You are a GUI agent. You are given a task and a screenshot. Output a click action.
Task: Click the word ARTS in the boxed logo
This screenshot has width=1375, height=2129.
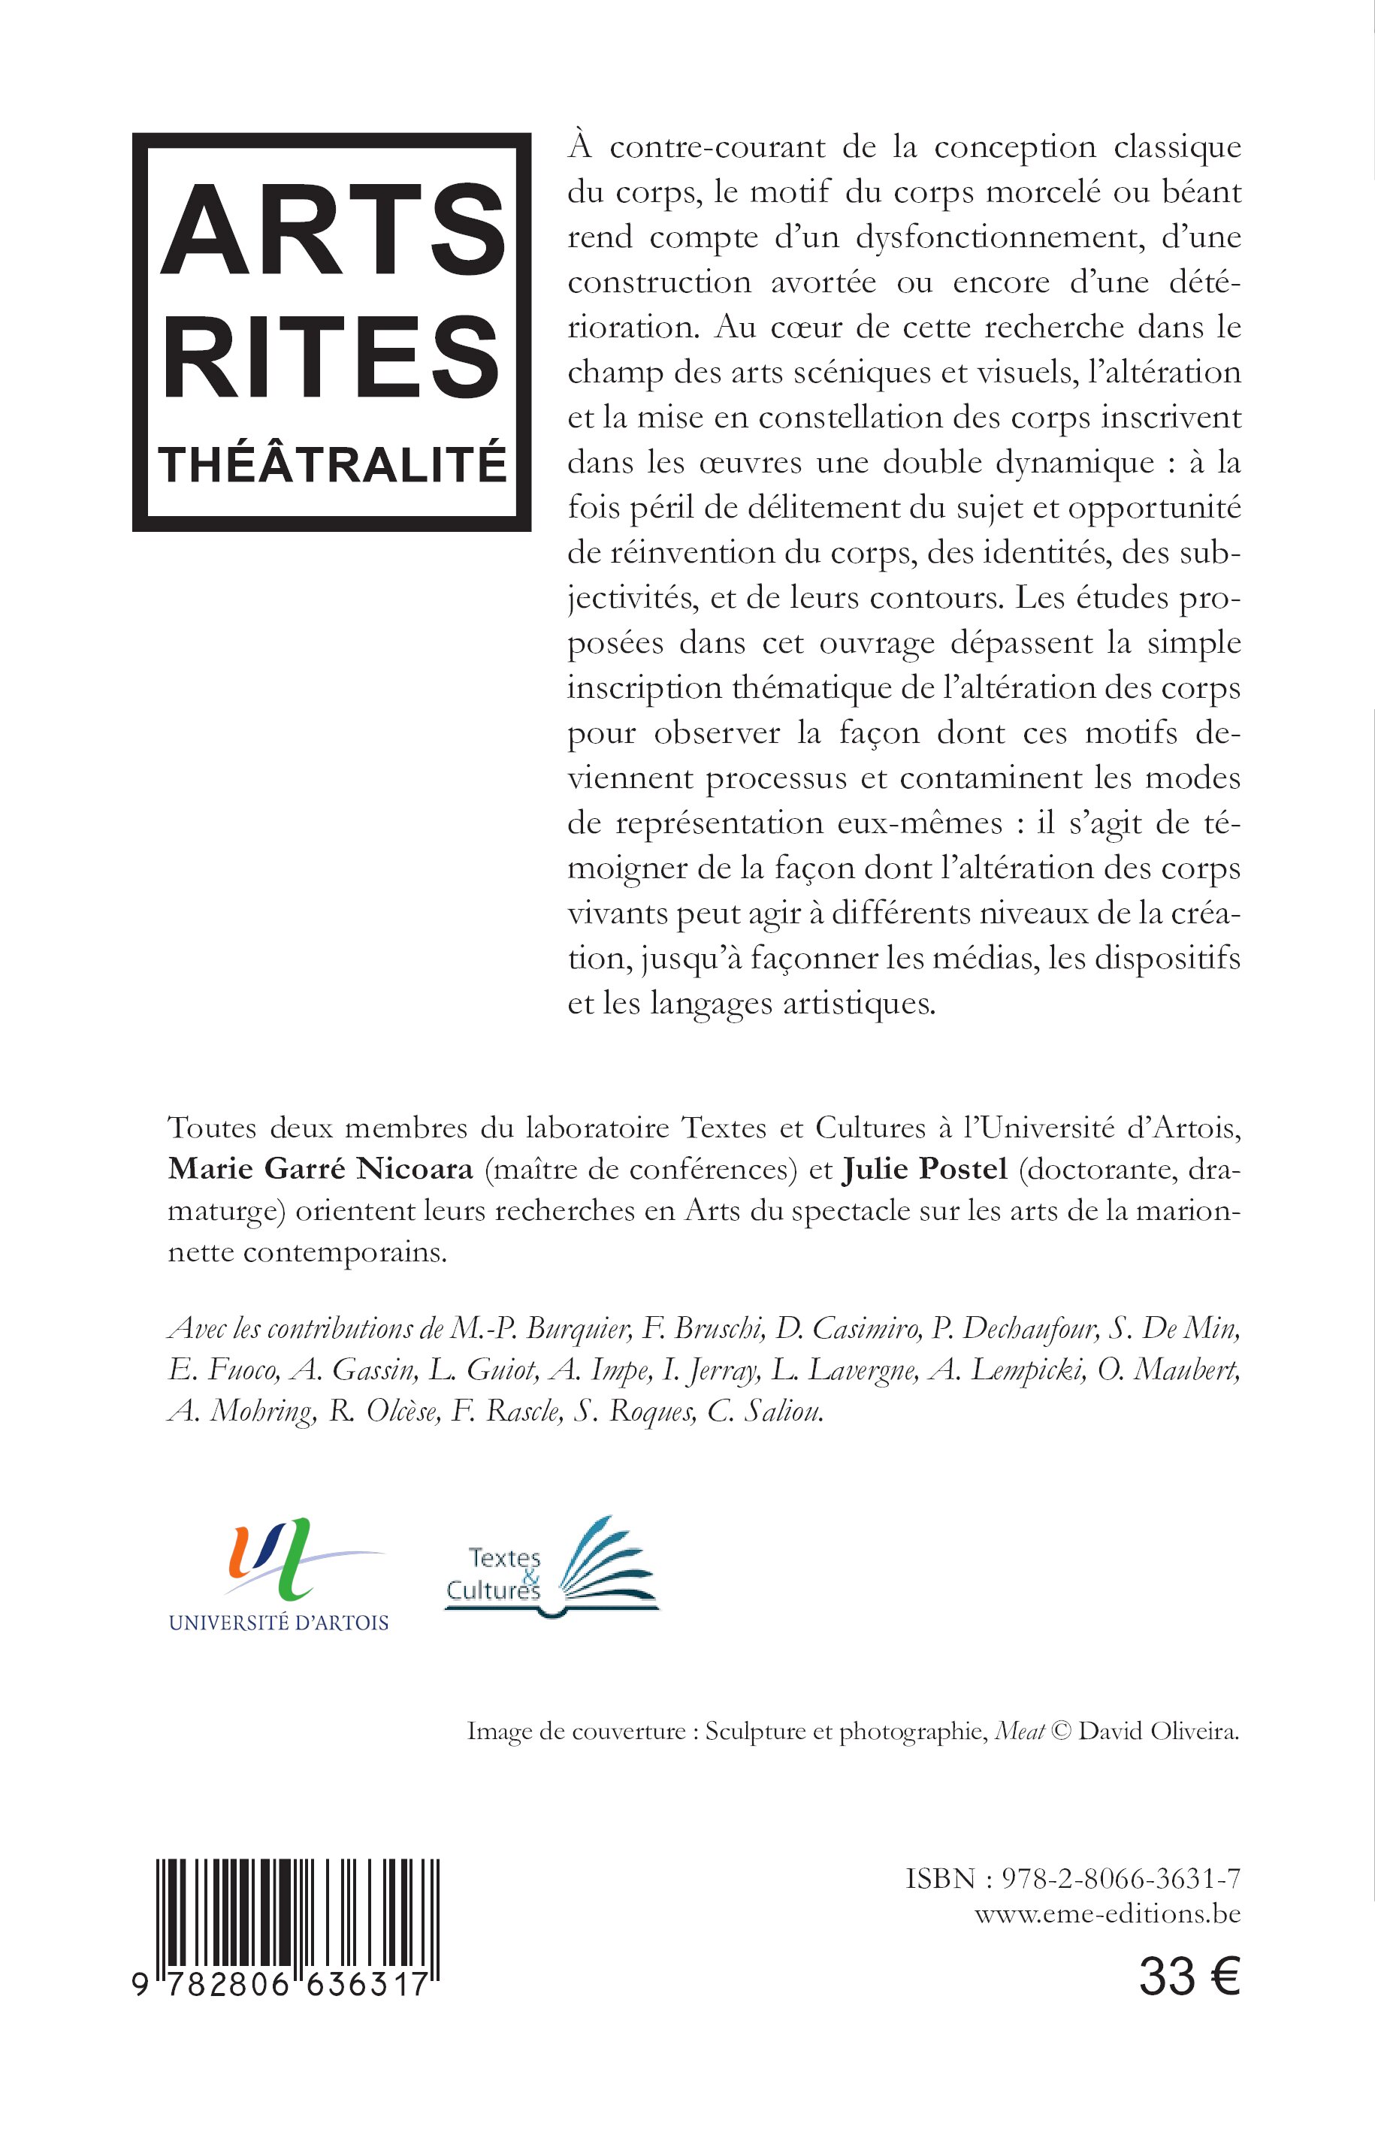coord(332,231)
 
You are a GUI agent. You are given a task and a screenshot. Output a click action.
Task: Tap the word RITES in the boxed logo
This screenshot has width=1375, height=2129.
coord(332,357)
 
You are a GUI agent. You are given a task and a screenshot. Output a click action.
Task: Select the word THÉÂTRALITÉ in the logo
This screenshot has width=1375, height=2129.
coord(332,465)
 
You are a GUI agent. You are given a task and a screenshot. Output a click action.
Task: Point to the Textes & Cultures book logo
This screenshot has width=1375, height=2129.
coord(552,1566)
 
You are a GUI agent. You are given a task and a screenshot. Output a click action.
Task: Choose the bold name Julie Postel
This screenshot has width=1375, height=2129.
coord(924,1170)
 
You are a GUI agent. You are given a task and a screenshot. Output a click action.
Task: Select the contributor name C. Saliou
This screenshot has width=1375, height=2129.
coord(764,1412)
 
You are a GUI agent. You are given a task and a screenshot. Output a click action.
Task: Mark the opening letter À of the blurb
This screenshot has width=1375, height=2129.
coord(580,146)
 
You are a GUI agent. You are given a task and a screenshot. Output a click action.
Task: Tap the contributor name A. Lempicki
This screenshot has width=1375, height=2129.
coord(1007,1370)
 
